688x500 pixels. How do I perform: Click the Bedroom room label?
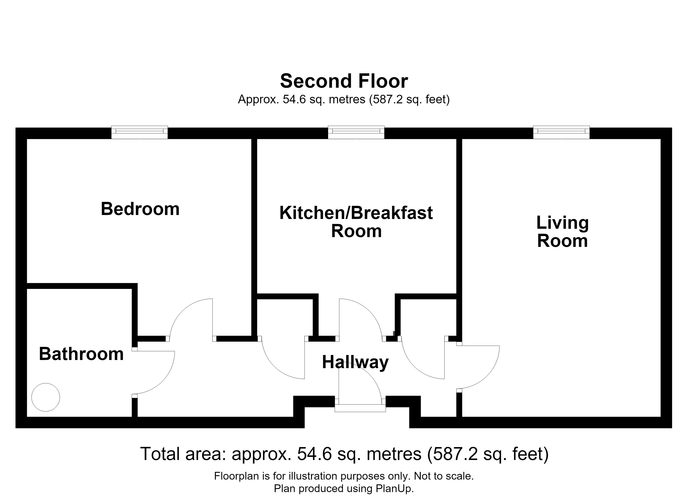pos(140,209)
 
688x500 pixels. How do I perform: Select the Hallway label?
pos(355,363)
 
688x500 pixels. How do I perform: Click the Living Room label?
pos(562,232)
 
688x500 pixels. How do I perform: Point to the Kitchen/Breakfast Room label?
pos(356,222)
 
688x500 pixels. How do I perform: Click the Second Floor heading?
pos(344,81)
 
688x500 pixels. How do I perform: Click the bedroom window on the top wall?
pos(139,132)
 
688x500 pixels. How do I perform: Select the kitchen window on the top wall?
pos(356,132)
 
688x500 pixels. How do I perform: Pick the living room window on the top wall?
pos(561,132)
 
